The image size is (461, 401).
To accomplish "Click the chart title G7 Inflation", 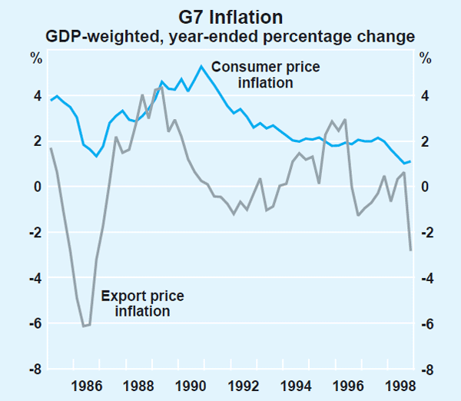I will [230, 15].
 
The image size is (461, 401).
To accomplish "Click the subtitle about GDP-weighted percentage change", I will [230, 35].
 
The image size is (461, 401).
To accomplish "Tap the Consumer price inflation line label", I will [265, 75].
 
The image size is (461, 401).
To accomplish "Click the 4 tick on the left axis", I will [35, 96].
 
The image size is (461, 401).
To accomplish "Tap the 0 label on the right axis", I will [425, 187].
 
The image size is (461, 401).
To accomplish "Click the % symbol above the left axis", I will [35, 58].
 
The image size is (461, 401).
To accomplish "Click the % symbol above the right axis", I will [425, 58].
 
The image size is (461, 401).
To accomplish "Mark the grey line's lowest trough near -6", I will [84, 326].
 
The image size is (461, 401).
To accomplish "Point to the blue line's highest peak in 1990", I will [201, 66].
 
